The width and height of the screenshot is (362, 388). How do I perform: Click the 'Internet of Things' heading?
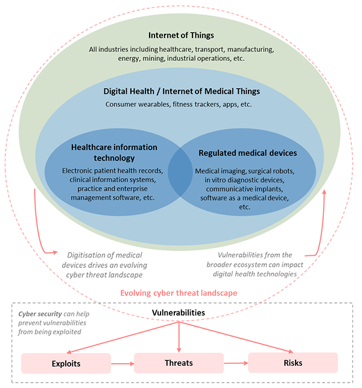click(181, 35)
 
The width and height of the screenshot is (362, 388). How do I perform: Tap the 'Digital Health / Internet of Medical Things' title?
click(181, 91)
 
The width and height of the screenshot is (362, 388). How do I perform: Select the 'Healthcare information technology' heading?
click(114, 152)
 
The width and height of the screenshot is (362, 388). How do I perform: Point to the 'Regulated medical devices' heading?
click(247, 153)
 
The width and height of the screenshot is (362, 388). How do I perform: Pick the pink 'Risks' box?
click(293, 364)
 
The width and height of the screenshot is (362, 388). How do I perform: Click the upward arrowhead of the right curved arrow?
click(326, 192)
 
